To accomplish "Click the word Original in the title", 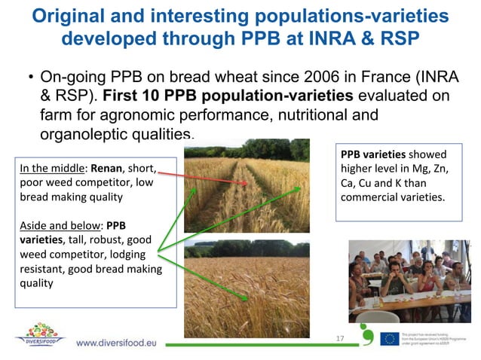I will coord(75,16).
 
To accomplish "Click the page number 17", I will coord(340,339).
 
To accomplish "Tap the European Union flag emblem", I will coord(390,338).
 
